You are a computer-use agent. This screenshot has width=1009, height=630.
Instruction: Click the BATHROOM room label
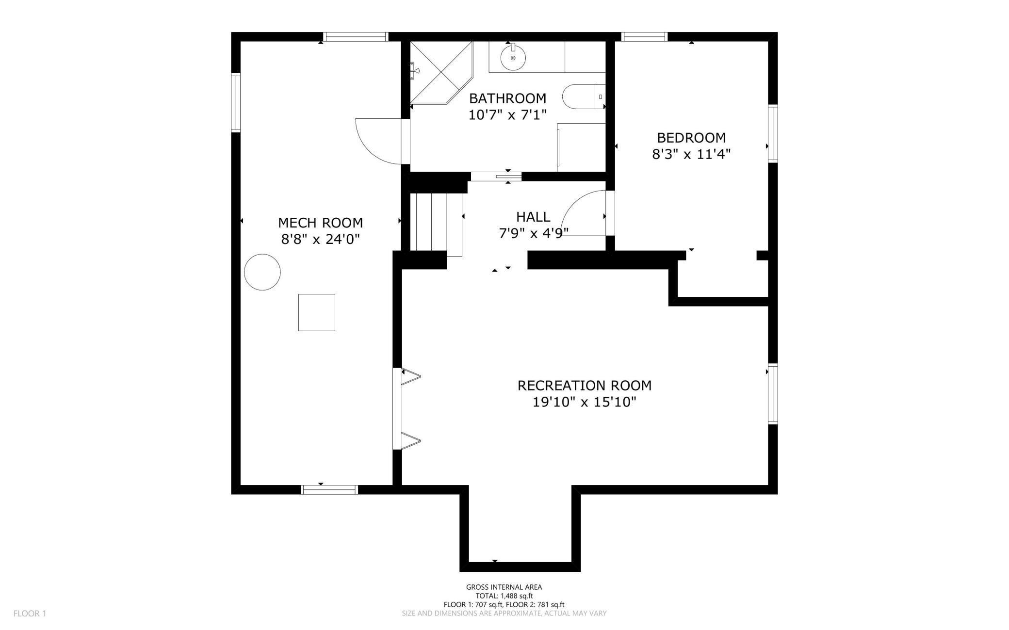tap(507, 98)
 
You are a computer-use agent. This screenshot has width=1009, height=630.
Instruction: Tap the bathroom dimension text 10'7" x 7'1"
tap(507, 115)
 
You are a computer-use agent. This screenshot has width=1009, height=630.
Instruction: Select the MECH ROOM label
tap(320, 223)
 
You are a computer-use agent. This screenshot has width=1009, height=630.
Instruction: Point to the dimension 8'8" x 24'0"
tap(320, 239)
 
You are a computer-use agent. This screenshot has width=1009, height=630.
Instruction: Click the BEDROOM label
tap(691, 137)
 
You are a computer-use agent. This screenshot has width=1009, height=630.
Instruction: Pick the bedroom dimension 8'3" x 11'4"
tap(691, 154)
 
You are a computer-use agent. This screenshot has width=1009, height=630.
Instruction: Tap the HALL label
tap(533, 216)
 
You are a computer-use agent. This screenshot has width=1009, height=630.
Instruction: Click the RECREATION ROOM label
tap(584, 386)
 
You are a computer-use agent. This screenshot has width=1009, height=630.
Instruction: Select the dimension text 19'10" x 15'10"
tap(584, 402)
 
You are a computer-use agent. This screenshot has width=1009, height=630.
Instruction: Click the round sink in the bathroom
tap(513, 58)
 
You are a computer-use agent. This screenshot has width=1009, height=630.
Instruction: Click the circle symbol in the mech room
tap(262, 272)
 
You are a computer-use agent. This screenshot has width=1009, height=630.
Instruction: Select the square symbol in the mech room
tap(317, 312)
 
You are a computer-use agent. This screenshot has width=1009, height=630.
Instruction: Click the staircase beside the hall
tap(436, 224)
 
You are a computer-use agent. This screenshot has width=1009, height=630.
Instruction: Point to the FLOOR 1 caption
tap(30, 614)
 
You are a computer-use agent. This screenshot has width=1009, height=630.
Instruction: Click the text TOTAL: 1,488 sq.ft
tap(504, 596)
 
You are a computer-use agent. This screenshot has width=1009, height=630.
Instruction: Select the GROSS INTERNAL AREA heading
tap(504, 587)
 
